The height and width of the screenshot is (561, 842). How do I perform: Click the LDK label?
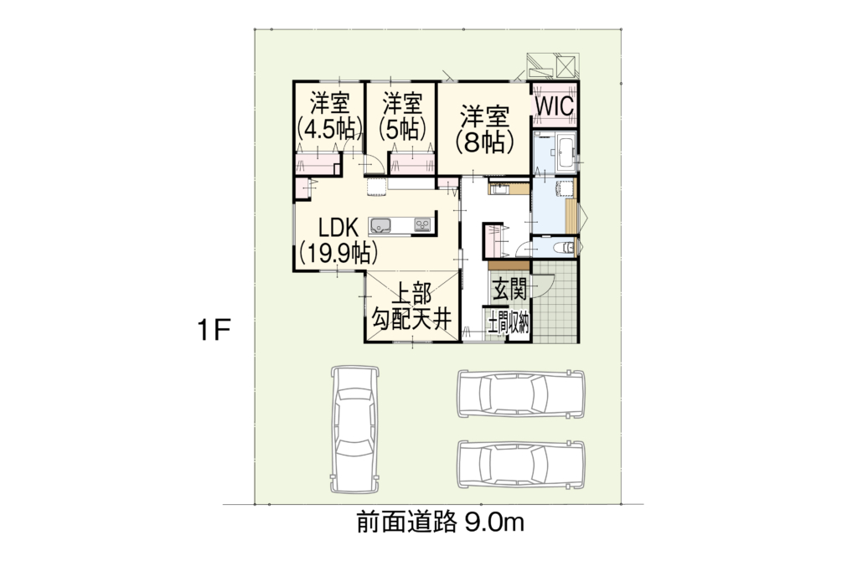tap(338, 228)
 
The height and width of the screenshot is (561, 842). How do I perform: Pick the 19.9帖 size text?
tap(338, 252)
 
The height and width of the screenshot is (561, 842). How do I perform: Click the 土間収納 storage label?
tap(508, 324)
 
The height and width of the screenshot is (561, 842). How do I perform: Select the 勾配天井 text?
tap(412, 321)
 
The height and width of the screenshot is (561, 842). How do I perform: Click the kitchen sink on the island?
tap(380, 225)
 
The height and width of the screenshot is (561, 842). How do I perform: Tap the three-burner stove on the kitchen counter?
tap(422, 225)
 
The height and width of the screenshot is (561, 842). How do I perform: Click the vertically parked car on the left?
tap(356, 430)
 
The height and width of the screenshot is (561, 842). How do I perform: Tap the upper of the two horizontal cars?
tap(520, 394)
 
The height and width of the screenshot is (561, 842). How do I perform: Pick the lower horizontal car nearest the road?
tap(520, 464)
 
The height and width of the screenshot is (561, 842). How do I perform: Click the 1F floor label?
tap(214, 330)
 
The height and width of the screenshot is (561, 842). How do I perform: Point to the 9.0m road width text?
tap(494, 522)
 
